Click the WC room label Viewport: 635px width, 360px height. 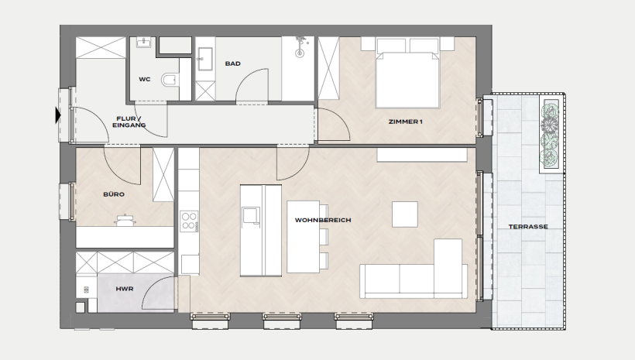pos(145,80)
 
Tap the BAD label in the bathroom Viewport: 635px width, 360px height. pos(233,63)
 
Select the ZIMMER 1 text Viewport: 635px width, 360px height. pos(405,122)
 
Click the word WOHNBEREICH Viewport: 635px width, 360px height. pos(323,221)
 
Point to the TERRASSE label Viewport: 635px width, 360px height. pos(528,227)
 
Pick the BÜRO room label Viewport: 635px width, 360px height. pos(114,194)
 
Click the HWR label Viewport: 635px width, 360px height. pos(125,289)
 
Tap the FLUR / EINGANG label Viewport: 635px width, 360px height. pos(129,122)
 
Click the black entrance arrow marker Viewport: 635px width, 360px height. pos(58,115)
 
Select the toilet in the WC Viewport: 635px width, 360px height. pos(170,80)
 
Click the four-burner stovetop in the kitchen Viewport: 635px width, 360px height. pos(189,221)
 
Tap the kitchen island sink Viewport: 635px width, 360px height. pos(251,215)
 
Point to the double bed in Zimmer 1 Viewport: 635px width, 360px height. pos(407,74)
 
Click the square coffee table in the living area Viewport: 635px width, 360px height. pos(404,214)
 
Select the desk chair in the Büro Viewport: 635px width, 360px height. pos(125,219)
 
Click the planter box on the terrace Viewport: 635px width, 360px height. pos(551,135)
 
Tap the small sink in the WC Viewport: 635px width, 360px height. pos(143,42)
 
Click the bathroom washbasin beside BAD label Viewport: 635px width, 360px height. pos(205,59)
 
